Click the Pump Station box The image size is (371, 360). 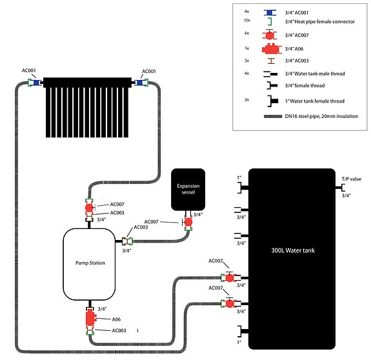pyautogui.click(x=89, y=265)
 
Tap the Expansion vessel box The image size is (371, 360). pyautogui.click(x=188, y=189)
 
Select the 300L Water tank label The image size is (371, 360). pyautogui.click(x=293, y=250)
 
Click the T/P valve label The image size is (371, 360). pyautogui.click(x=352, y=179)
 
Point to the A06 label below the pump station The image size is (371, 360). pyautogui.click(x=116, y=319)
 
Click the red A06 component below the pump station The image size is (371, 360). pyautogui.click(x=90, y=317)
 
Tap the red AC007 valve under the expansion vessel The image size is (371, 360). pyautogui.click(x=188, y=222)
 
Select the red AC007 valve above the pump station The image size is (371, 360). pyautogui.click(x=90, y=208)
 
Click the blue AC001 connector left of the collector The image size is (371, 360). pyautogui.click(x=36, y=83)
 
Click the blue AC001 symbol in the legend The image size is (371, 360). pyautogui.click(x=270, y=12)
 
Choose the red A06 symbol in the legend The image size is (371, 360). pyautogui.click(x=272, y=49)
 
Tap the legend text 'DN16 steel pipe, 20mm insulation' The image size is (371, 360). pyautogui.click(x=321, y=116)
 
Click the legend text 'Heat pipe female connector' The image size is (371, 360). pyautogui.click(x=325, y=21)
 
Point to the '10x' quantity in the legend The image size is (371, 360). pyautogui.click(x=246, y=21)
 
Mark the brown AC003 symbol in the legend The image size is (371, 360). pyautogui.click(x=271, y=61)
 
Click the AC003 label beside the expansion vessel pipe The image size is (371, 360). pyautogui.click(x=141, y=227)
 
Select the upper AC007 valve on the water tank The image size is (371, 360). pyautogui.click(x=229, y=277)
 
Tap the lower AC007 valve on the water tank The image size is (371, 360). pyautogui.click(x=229, y=303)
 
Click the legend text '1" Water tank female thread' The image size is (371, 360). pyautogui.click(x=315, y=101)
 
